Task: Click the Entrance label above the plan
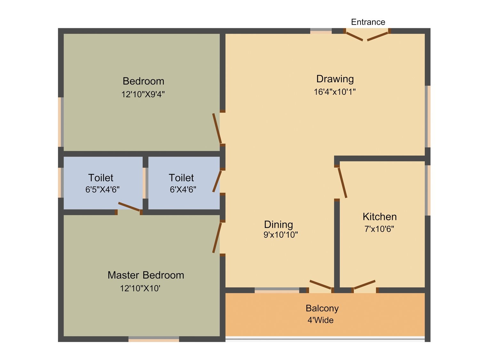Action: coord(368,22)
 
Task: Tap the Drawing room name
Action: coord(335,79)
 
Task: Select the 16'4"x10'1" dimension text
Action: coord(335,92)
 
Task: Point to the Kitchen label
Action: coord(380,217)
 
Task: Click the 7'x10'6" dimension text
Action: coord(379,229)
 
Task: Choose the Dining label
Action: coord(278,225)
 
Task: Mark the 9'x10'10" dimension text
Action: coord(281,235)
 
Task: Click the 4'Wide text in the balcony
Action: coord(321,320)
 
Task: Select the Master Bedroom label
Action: coord(146,275)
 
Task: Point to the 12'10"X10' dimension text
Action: coord(140,288)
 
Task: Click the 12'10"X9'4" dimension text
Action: coord(143,94)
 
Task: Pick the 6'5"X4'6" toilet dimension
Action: coord(102,189)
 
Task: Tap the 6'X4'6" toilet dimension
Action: coord(183,189)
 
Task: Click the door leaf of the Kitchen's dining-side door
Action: coord(342,183)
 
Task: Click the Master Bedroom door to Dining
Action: coord(217,237)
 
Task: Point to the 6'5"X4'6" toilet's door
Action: coord(129,207)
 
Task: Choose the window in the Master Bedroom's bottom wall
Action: coord(154,339)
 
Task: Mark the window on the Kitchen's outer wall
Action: coord(428,190)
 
